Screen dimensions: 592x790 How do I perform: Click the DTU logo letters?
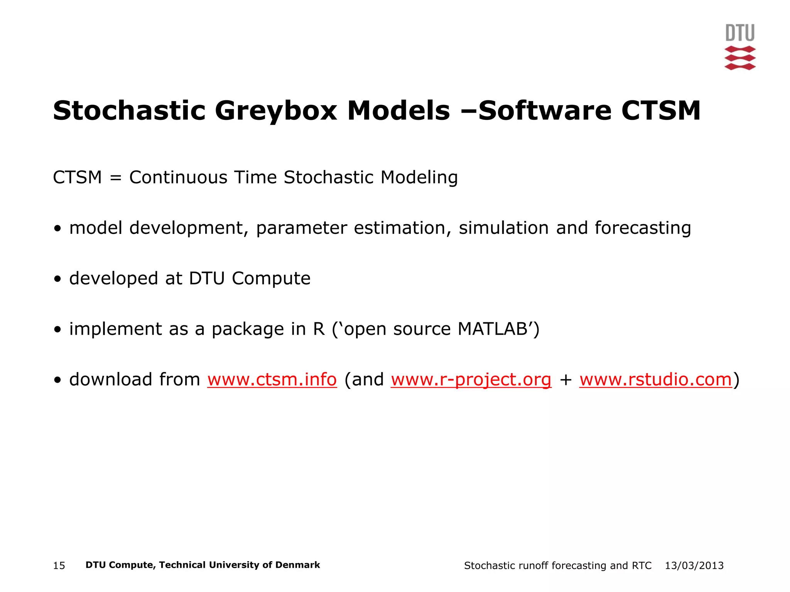point(740,33)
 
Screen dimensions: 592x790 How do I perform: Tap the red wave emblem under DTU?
point(740,58)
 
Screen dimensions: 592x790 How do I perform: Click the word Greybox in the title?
point(276,111)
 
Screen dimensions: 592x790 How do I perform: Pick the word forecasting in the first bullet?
point(643,228)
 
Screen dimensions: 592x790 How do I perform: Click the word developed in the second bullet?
point(113,278)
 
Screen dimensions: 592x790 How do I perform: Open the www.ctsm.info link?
point(272,380)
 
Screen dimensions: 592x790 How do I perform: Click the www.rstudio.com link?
point(655,380)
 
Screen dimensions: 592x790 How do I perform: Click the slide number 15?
point(59,566)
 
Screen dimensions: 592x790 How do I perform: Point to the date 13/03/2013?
point(694,566)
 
